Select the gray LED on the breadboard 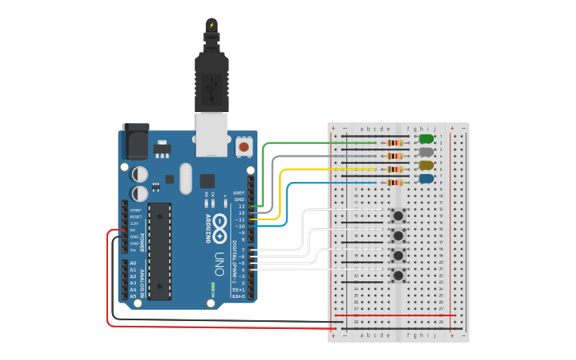(426, 151)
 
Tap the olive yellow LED (426, 165)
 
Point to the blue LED (426, 179)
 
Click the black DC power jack (134, 143)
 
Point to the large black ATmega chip (160, 251)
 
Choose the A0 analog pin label (133, 263)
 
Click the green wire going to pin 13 (318, 143)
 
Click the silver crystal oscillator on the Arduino (186, 178)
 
